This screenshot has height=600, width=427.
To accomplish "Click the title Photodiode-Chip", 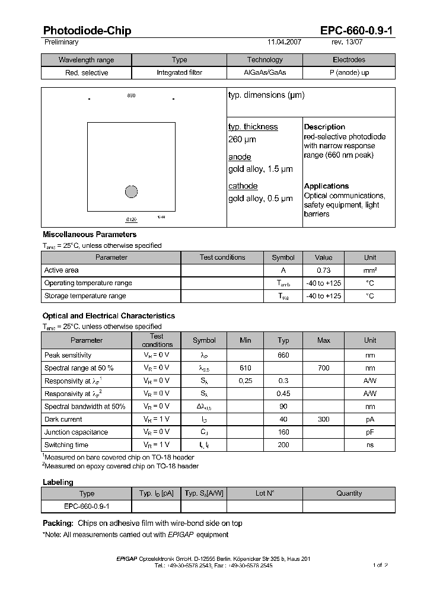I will click(x=87, y=31).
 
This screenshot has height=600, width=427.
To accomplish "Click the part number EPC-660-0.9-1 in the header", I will click(x=358, y=31).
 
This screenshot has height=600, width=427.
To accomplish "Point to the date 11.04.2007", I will click(x=285, y=43).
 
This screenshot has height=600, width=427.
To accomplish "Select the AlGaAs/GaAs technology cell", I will click(x=265, y=73).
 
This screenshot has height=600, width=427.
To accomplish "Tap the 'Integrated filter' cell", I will click(x=179, y=73).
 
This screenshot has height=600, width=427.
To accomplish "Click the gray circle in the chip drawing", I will click(x=132, y=192).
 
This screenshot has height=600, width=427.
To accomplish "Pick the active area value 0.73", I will click(x=323, y=270).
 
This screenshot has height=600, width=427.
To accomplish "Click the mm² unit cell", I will click(x=370, y=270).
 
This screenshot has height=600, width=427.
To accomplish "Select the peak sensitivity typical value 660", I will click(x=283, y=355).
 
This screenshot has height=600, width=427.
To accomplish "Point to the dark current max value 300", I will click(x=323, y=419).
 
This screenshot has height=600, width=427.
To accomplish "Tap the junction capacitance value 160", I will click(x=283, y=432).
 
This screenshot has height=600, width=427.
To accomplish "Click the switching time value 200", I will click(x=283, y=445).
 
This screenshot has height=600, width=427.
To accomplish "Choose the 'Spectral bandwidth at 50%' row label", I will click(x=85, y=407).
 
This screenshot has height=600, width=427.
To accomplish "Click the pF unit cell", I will click(x=370, y=432).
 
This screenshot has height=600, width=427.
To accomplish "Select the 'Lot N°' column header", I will click(x=265, y=493).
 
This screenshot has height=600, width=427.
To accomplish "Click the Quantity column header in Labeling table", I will click(x=349, y=493).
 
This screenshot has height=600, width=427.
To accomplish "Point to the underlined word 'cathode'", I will click(x=243, y=186).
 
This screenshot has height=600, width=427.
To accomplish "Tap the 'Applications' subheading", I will click(x=326, y=186).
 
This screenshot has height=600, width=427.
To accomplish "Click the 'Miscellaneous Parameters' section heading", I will click(x=90, y=235).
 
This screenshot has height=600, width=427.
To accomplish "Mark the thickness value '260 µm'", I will click(x=242, y=140).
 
